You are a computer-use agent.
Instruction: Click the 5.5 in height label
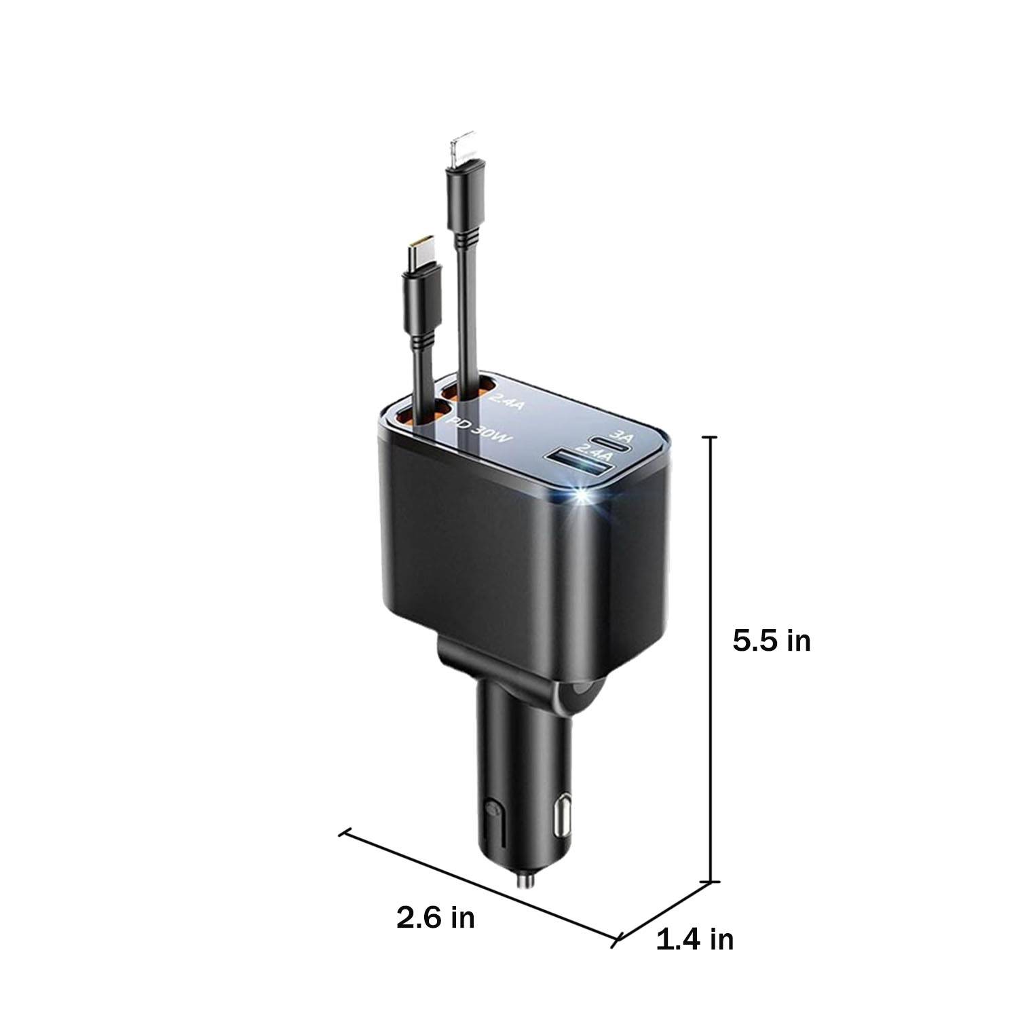[x=772, y=640]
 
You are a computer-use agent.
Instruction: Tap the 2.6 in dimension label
[x=436, y=918]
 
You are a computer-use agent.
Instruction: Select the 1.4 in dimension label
[x=695, y=939]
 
